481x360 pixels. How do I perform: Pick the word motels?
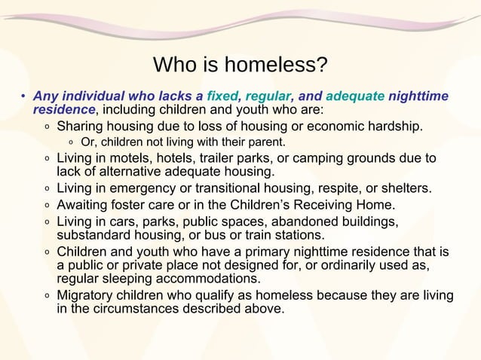(x=129, y=158)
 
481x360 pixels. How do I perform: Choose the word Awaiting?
(x=85, y=205)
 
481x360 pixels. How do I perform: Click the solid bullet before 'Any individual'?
(x=23, y=96)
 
